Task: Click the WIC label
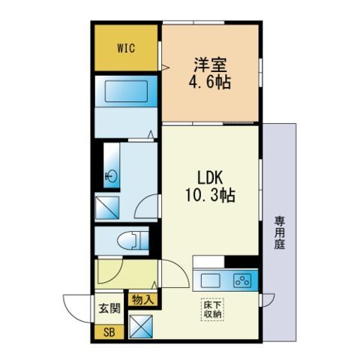tap(126, 48)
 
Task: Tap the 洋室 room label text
tap(211, 65)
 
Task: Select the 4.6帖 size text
tap(209, 82)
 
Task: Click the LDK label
tap(210, 178)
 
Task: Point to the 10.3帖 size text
tap(210, 195)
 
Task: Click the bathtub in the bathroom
tap(126, 91)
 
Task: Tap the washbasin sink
tap(112, 176)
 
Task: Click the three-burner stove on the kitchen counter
tap(242, 280)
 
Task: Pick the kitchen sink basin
tap(211, 280)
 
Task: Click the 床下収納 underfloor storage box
tap(212, 310)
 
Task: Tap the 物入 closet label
tap(143, 299)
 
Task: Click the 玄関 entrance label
tap(109, 308)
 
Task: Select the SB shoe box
tap(109, 332)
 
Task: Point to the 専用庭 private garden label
tap(280, 233)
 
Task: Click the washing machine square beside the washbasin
tap(107, 208)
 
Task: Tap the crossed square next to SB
tap(141, 326)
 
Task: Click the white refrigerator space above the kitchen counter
tap(208, 262)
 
